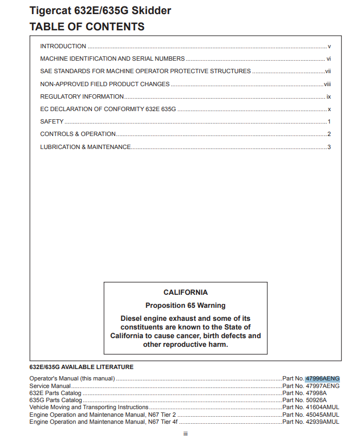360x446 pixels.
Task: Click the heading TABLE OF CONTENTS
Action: (87, 27)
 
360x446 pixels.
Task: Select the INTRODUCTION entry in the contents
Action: (63, 47)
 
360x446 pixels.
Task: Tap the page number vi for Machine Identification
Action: (328, 59)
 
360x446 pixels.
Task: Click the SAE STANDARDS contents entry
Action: (145, 72)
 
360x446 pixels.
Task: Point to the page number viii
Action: (327, 84)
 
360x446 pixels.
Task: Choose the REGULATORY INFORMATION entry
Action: (82, 96)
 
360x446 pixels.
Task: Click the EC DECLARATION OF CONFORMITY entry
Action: (108, 109)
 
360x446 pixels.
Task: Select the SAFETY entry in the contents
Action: (52, 122)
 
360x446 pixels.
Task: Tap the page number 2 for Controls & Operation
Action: (329, 134)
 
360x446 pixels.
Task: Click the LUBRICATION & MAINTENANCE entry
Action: (86, 147)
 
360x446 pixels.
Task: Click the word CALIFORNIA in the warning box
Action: (185, 293)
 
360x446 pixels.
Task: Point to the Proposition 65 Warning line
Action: (185, 306)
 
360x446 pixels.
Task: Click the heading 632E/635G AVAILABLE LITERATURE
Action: (81, 367)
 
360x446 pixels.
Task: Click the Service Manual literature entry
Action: (50, 386)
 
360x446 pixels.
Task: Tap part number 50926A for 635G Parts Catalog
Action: (316, 400)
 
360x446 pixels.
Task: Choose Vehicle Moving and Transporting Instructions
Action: (89, 407)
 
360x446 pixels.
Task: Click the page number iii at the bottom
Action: (185, 434)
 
